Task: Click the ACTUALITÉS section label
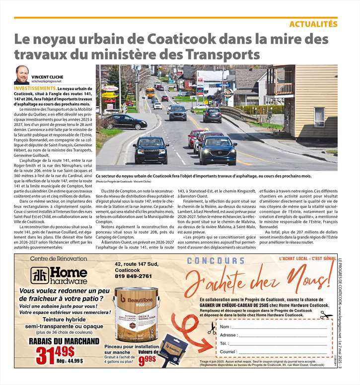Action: coord(313,24)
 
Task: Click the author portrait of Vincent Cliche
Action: coord(21,75)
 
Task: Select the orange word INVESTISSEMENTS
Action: coord(35,87)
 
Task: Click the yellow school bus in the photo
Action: coord(149,92)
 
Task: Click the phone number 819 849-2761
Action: coord(134,276)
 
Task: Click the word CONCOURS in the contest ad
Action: coord(216,261)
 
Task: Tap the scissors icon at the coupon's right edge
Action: coord(326,316)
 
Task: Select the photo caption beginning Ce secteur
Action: coord(204,176)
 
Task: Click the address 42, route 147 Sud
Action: coord(136,264)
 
